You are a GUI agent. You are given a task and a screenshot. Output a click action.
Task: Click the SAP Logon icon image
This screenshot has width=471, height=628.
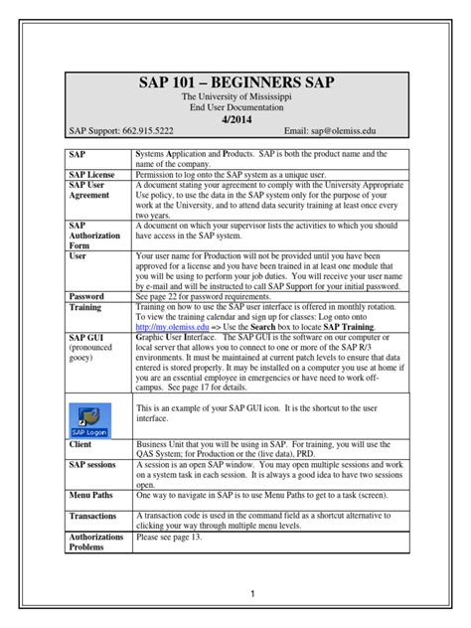point(91,391)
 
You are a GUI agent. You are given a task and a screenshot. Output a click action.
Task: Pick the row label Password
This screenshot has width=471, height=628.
point(86,296)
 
